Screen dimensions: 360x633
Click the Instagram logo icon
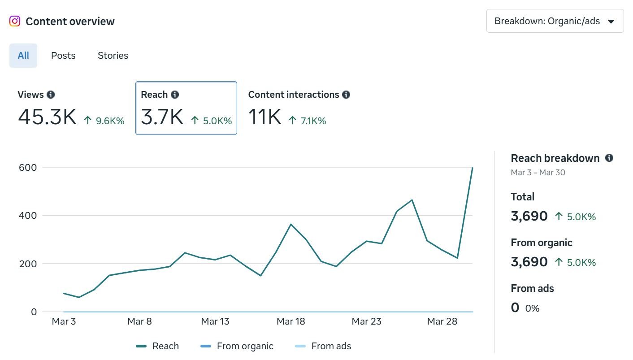tap(15, 21)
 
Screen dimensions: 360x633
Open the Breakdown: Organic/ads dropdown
tap(555, 21)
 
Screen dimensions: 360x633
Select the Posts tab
tap(63, 56)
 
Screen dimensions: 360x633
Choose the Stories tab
tap(113, 56)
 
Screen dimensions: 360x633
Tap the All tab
tap(23, 56)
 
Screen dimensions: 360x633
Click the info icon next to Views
tap(51, 95)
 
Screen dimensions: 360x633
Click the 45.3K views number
tap(47, 117)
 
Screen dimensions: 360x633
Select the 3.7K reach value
tap(162, 117)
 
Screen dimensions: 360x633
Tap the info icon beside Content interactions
tap(346, 95)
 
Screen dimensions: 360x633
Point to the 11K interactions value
tap(264, 117)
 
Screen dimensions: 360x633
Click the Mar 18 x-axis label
tap(291, 321)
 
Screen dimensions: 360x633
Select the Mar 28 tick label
tap(442, 321)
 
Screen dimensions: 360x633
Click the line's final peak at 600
tap(472, 168)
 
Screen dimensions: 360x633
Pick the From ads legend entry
tap(323, 346)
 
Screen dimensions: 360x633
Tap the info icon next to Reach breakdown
tap(609, 158)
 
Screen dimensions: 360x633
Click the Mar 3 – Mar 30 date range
tap(538, 173)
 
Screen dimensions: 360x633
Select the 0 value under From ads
tap(515, 308)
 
